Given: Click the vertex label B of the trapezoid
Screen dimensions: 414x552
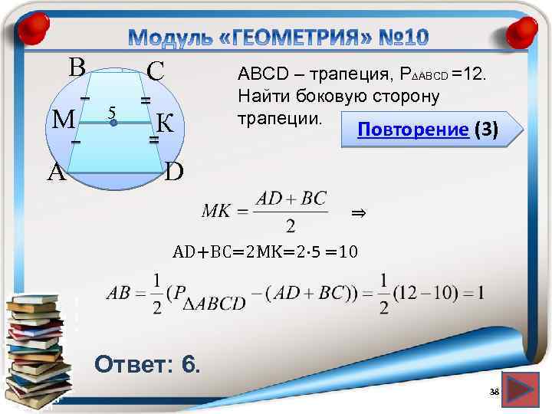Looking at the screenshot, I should pos(76,67).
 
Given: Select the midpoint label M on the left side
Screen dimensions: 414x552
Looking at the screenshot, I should pos(62,120).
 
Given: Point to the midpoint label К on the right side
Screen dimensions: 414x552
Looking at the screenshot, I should pos(167,123).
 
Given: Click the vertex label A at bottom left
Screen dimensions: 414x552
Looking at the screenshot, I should pos(55,172).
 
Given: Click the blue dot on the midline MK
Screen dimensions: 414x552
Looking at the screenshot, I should pos(113,123).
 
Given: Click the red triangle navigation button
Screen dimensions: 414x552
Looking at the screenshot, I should pos(523,389).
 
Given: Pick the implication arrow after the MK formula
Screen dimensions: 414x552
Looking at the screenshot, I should pos(356,212).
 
